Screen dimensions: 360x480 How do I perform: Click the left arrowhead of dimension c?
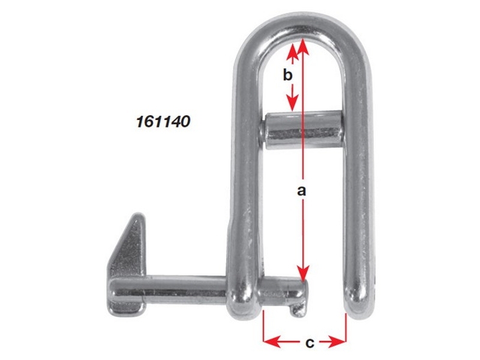[269, 342]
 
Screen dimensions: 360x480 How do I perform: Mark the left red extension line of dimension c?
[264, 327]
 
